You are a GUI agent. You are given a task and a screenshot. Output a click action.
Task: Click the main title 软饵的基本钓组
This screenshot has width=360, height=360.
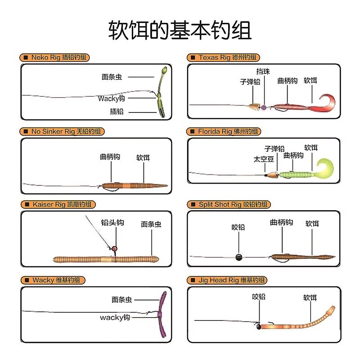[180, 30]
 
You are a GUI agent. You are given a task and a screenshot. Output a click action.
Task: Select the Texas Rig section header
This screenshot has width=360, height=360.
[223, 58]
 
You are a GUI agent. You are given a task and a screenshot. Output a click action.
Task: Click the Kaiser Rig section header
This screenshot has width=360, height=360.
[58, 204]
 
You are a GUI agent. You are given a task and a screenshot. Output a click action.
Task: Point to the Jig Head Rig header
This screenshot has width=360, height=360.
[227, 280]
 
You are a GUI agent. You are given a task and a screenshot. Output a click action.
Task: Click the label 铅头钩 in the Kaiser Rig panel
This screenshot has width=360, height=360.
[112, 223]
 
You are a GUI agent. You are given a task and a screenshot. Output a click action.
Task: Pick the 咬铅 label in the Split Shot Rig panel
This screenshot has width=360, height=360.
[238, 227]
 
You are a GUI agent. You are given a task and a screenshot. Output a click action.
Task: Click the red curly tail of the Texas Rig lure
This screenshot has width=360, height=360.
[327, 103]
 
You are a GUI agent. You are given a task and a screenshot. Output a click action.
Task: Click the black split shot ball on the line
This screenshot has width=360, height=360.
[238, 257]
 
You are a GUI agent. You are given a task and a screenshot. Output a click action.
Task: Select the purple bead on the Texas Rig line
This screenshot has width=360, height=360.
[264, 107]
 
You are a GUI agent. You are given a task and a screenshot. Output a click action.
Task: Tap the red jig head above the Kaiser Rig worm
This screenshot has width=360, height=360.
[114, 248]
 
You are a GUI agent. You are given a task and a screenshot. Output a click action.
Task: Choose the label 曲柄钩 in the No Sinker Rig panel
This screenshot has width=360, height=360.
[110, 157]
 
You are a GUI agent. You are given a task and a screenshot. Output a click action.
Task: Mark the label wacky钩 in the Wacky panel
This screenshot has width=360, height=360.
[115, 318]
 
